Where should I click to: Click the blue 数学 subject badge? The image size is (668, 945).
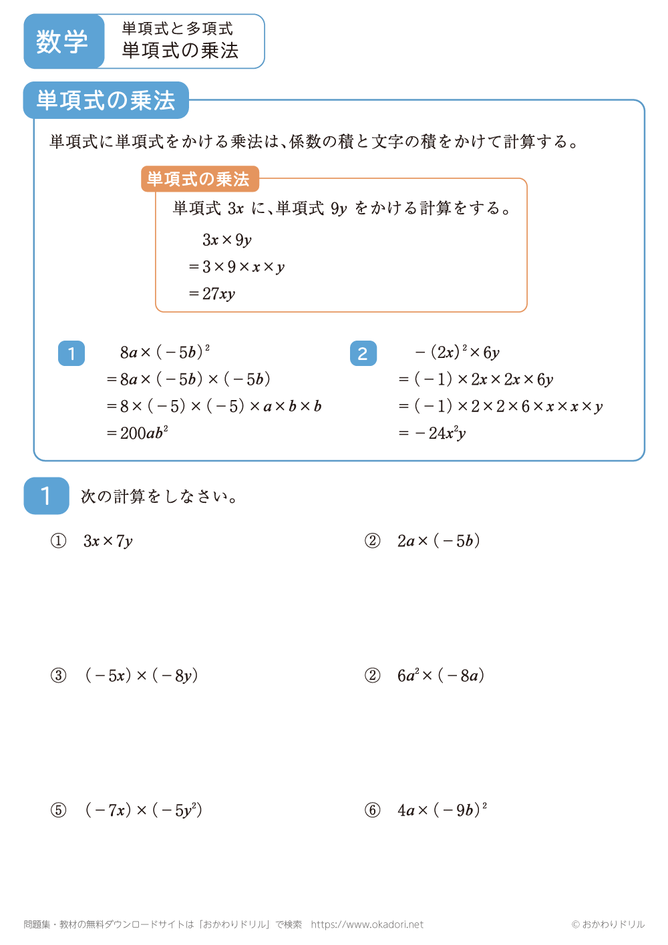coord(63,41)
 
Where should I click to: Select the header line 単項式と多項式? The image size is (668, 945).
coord(178,29)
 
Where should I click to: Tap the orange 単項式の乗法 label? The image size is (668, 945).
coord(198,179)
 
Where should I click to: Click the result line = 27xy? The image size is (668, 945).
coord(212,294)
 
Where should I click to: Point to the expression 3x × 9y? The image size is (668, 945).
coord(227,240)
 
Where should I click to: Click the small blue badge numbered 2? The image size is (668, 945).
coord(363,353)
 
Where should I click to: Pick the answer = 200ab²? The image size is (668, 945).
coord(138,433)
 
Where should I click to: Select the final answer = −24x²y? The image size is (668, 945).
coord(432,433)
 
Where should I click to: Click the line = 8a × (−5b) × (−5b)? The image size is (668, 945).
coord(188,379)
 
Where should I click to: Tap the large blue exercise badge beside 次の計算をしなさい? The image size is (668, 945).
coord(46,496)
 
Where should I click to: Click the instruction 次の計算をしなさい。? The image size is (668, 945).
coord(160,496)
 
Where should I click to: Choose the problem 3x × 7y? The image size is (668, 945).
coord(108,541)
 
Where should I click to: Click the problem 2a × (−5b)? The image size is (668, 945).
coord(439,541)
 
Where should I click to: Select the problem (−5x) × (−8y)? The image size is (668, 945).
coord(142,676)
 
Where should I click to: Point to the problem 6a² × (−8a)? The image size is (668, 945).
coord(441,676)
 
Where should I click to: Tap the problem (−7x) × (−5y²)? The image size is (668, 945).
coord(144,810)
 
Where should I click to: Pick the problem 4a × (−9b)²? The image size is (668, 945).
coord(442,810)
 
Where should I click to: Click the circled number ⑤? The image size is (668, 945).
coord(59,810)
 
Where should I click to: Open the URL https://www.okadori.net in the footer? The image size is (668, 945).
coord(367,924)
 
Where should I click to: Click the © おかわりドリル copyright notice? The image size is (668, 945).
coord(608,924)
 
